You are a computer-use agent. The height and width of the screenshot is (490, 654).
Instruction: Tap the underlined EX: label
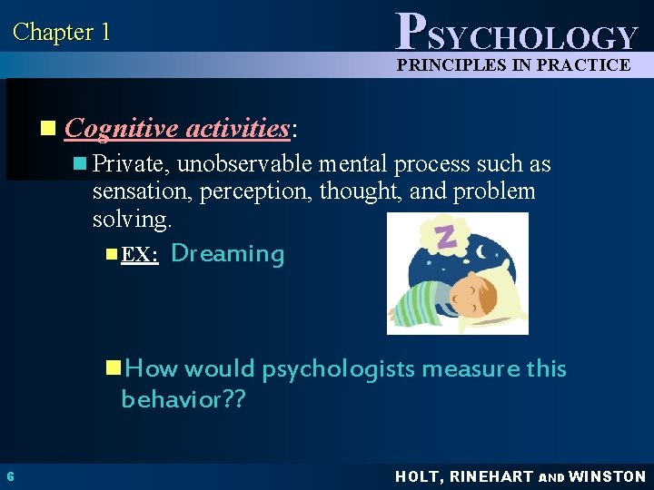pos(140,255)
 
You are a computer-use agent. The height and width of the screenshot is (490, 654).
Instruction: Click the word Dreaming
pos(227,253)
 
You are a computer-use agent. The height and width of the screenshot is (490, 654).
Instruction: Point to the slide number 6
pos(9,476)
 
